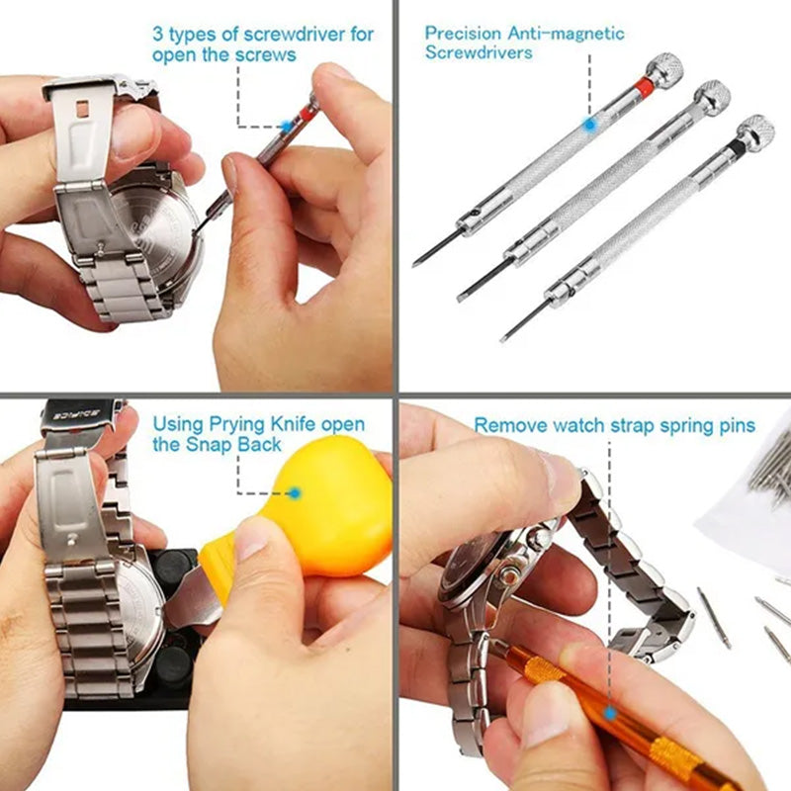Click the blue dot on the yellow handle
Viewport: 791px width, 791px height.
pos(294,491)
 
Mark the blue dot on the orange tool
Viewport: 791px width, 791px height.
pos(610,711)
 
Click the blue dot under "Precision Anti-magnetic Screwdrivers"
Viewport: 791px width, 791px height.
pos(589,125)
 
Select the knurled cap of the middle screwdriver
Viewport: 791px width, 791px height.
pos(712,97)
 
